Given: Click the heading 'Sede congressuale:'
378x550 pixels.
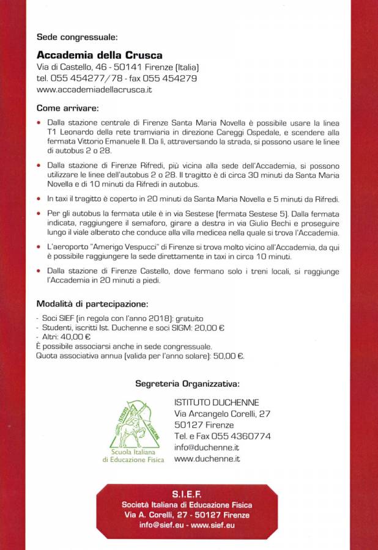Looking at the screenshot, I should tap(77, 37).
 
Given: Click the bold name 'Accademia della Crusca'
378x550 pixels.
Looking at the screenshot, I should tap(99, 54).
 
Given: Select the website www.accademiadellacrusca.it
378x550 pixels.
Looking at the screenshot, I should tap(94, 89).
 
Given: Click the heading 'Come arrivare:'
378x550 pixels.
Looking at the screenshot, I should tap(67, 108).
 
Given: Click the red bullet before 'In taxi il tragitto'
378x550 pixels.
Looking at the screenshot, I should tap(40, 199).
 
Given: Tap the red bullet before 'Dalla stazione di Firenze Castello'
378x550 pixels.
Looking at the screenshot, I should tap(40, 271).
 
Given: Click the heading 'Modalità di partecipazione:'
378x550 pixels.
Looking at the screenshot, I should tap(92, 304).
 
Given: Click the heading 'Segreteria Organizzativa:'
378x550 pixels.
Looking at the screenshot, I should tap(187, 384).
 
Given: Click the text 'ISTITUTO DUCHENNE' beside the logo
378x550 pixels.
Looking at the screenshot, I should tap(217, 403).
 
